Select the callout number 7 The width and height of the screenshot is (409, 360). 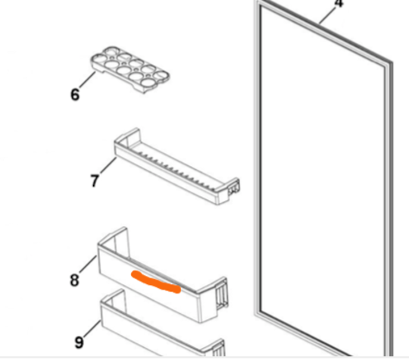click(x=94, y=181)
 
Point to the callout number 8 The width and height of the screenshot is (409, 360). click(x=74, y=280)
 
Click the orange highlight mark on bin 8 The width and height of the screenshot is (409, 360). click(x=155, y=280)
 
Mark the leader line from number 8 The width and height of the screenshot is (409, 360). click(x=87, y=268)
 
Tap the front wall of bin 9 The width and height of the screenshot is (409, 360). click(x=151, y=337)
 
